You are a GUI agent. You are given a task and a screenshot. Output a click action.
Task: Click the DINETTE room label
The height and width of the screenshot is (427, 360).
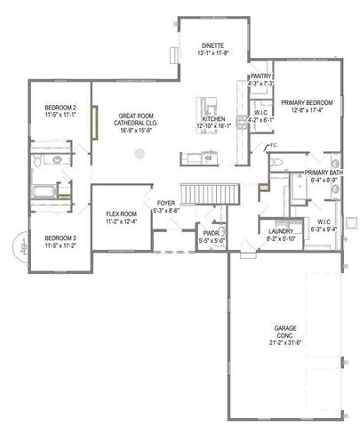(x=212, y=44)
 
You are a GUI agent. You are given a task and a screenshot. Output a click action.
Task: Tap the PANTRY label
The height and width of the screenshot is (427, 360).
(x=260, y=77)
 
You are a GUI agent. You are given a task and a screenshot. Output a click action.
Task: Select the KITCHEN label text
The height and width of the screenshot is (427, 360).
(x=213, y=118)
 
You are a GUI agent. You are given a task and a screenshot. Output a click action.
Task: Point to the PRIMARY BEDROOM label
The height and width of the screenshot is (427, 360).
(x=307, y=102)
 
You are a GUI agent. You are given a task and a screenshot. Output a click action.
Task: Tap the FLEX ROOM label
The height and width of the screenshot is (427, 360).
(x=121, y=214)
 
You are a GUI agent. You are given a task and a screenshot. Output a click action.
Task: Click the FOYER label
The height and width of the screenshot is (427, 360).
(x=166, y=204)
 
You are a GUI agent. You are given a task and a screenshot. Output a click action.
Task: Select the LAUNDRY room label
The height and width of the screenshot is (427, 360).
(x=281, y=232)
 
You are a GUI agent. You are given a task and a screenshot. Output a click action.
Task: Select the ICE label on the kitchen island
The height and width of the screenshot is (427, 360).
(x=208, y=158)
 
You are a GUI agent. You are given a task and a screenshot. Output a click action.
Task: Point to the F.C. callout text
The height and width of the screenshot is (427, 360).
(x=272, y=145)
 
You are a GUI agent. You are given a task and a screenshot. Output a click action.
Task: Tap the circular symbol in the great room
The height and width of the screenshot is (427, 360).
(x=139, y=154)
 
